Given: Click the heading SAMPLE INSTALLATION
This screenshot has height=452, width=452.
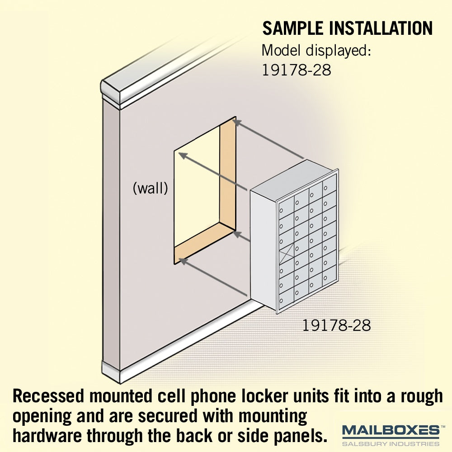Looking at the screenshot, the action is coord(347,28).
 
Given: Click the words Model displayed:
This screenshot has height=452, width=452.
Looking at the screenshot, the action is coord(316,51).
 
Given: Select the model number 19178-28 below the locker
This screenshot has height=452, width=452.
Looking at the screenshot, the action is coord(336,325).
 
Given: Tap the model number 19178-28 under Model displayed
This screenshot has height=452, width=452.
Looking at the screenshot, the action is coord(297,70).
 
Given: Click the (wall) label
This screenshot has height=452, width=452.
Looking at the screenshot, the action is coord(150,188).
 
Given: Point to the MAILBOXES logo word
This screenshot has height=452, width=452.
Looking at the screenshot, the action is coord(391,431).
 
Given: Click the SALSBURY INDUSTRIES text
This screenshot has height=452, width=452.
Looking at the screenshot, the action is coord(391,444).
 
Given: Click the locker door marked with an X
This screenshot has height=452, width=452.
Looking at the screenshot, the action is coord(287,250).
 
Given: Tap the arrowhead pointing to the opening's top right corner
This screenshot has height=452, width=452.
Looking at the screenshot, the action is coord(236,123).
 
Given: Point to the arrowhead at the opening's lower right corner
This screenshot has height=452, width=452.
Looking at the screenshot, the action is coord(237,234).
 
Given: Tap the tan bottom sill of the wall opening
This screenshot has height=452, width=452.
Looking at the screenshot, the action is coord(205,243).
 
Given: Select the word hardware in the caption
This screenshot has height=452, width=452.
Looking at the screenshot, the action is coord(47,436).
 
